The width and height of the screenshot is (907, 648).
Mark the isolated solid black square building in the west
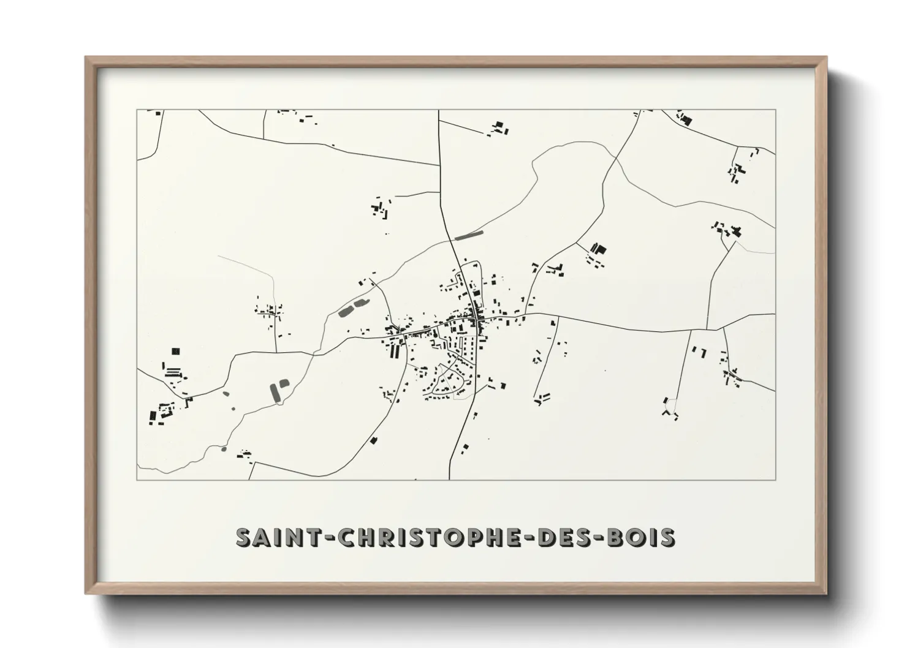point(176,351)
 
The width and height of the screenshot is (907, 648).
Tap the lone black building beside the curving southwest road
point(374,440)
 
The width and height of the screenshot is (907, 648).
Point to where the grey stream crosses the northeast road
point(615,159)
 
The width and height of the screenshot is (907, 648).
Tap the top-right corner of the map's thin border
point(775,110)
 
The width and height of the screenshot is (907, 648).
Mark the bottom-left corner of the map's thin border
point(137,480)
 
